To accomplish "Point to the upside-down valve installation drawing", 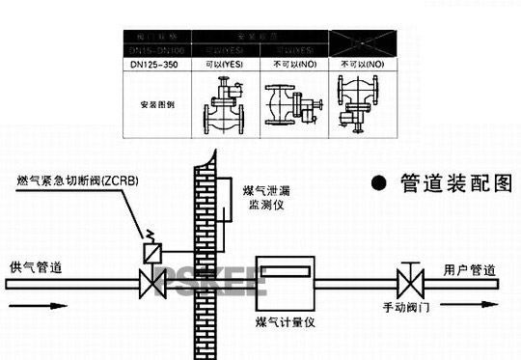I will tap(362, 103).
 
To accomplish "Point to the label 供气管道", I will tap(37, 267).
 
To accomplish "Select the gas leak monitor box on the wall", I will tap(219, 199).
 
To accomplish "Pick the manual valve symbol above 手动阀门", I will tap(407, 284).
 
